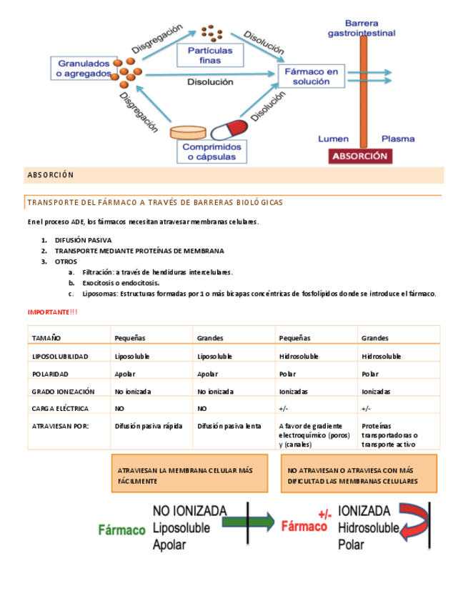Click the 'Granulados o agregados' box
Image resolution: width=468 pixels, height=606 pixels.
point(84,68)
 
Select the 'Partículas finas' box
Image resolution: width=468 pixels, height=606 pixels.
point(210,56)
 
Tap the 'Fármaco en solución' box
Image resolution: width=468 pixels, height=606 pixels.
point(311,76)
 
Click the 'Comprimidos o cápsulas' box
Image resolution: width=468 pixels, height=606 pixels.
point(211,151)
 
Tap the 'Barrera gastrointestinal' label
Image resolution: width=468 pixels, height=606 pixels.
point(362,28)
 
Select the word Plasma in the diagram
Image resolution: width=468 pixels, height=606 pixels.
point(397,139)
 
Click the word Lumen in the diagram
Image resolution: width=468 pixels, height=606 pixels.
point(332,139)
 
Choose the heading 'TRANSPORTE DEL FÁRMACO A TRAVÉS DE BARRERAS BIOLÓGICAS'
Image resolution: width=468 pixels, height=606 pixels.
point(155,203)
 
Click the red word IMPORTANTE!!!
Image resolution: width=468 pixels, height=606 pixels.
point(53,312)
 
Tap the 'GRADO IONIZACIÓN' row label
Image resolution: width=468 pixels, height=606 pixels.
point(63,392)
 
